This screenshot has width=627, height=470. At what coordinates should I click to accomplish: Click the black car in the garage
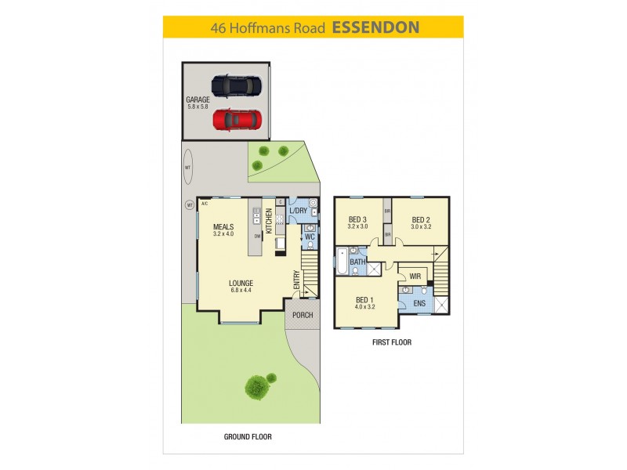pos(236,85)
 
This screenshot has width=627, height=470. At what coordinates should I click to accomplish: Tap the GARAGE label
pos(198,99)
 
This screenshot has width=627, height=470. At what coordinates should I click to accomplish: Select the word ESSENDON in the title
pos(375,27)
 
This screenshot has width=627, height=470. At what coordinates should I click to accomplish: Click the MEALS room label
pos(223,227)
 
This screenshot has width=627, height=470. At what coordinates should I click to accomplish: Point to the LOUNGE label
pos(241,283)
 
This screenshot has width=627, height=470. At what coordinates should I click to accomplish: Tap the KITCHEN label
pos(269,221)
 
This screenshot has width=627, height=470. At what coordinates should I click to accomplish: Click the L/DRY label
pos(298,211)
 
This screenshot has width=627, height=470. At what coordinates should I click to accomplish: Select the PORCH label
pos(303,315)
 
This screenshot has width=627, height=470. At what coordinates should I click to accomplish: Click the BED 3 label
pos(358,219)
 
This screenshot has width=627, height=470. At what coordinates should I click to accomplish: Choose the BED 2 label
pos(422,219)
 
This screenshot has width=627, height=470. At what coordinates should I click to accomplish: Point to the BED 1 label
pos(365,299)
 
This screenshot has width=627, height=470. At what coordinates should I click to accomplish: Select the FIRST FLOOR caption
pos(392,342)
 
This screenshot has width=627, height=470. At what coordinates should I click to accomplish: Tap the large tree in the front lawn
pos(256,385)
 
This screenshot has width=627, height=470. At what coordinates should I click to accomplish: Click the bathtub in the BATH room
pos(342,263)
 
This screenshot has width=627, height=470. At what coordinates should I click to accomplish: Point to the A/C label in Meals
pos(204,203)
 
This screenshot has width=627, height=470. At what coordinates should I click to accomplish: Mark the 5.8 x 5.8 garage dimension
pos(198,107)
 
